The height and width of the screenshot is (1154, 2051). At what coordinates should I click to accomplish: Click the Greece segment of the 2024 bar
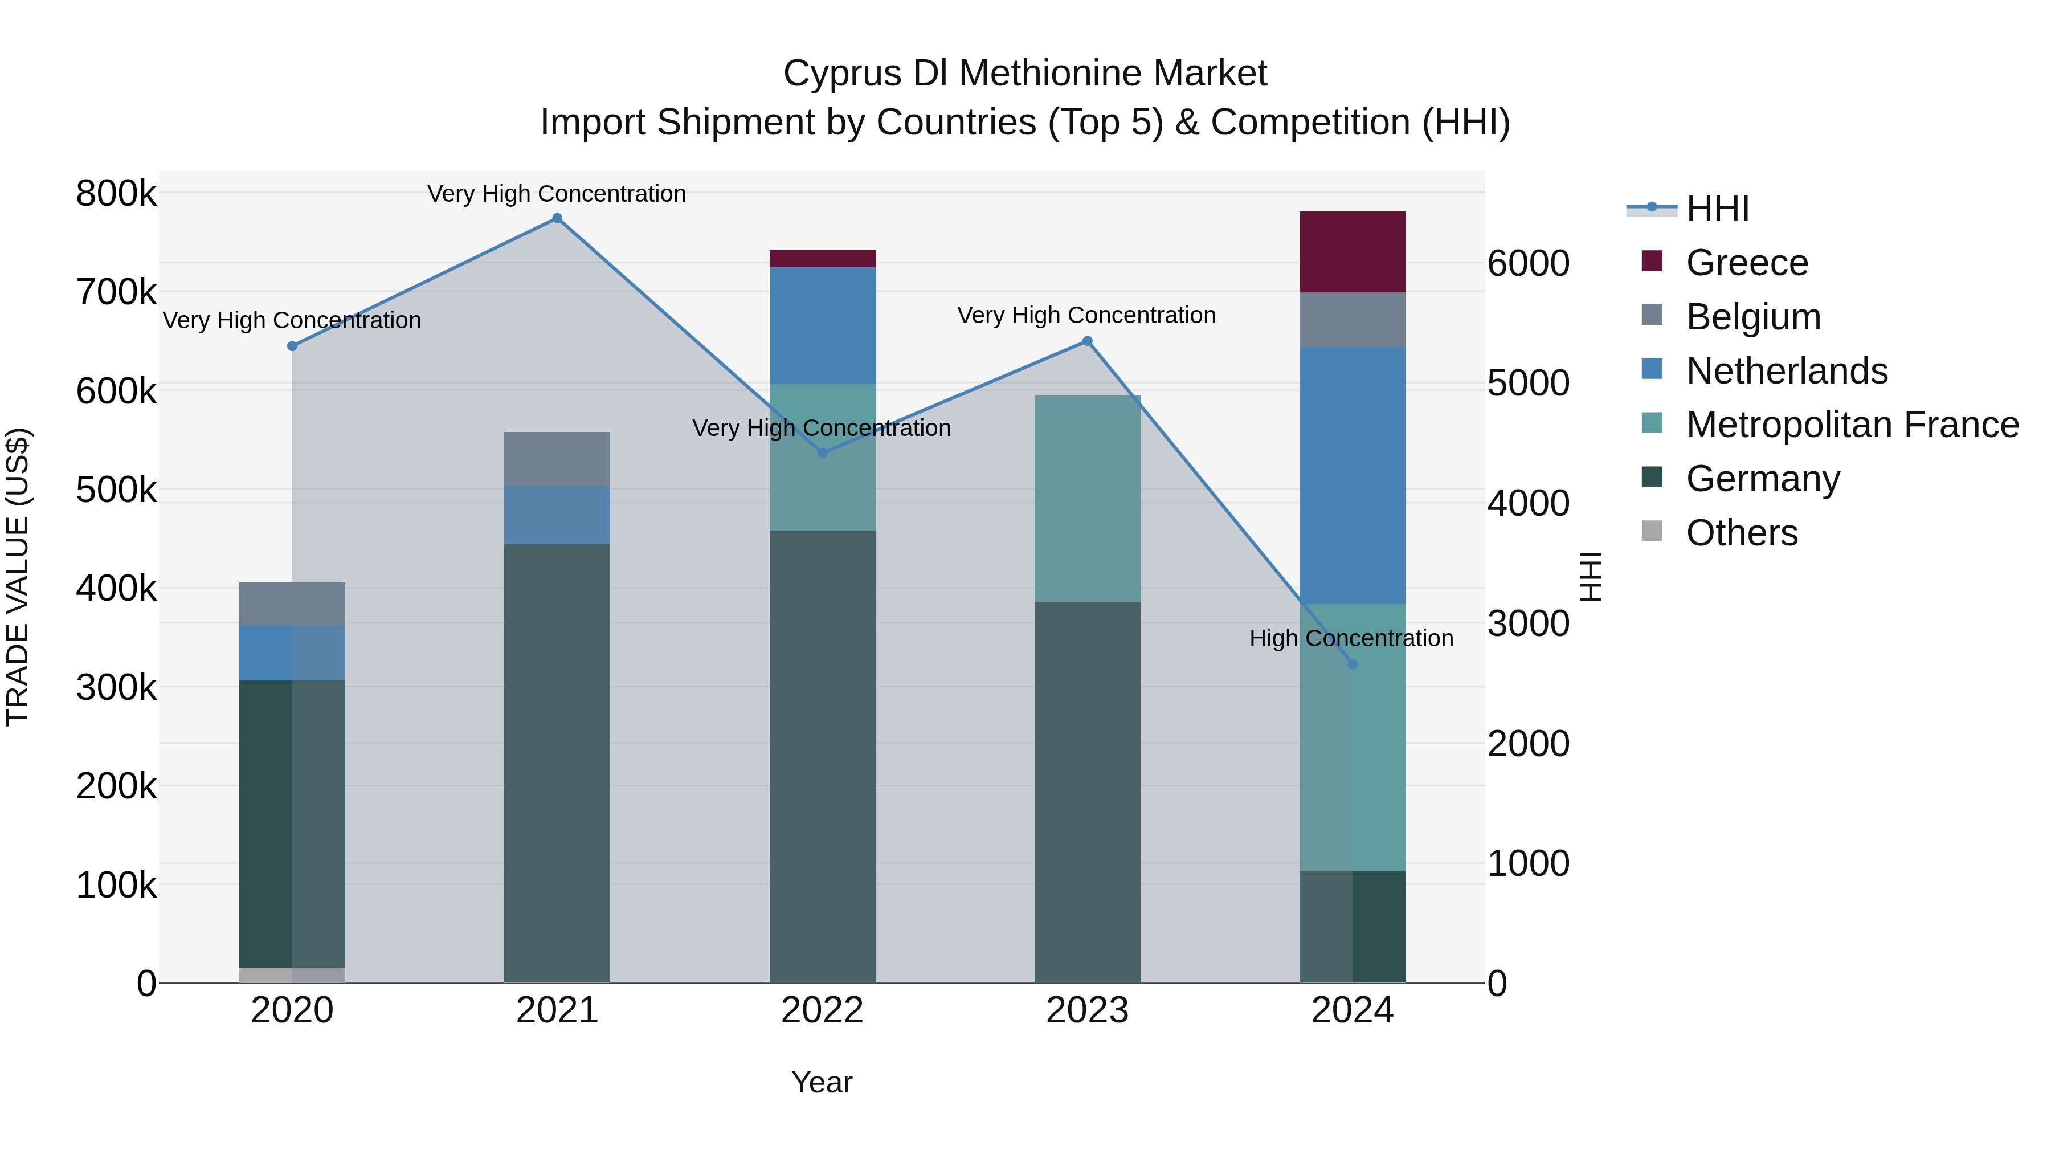click(1351, 252)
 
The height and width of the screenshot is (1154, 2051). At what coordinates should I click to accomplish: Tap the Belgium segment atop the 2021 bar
click(557, 459)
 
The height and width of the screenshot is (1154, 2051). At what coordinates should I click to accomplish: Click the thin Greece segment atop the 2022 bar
click(822, 259)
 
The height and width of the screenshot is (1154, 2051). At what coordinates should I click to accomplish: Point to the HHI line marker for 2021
click(557, 218)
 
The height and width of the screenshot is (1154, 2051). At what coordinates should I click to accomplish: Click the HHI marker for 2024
click(1351, 664)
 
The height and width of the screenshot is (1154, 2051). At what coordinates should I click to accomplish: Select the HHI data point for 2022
click(822, 453)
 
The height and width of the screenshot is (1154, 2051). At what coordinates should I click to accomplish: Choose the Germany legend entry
click(1763, 479)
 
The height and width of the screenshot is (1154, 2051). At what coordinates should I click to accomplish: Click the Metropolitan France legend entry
click(1852, 425)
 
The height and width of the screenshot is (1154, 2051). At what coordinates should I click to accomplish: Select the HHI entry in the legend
click(1717, 209)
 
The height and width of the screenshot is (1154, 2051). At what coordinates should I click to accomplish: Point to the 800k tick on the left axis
click(116, 194)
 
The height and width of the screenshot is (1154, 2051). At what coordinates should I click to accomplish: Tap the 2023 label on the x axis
click(1087, 1010)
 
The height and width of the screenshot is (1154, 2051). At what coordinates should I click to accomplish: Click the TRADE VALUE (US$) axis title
click(18, 577)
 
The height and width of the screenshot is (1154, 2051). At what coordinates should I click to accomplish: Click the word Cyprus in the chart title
click(843, 74)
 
